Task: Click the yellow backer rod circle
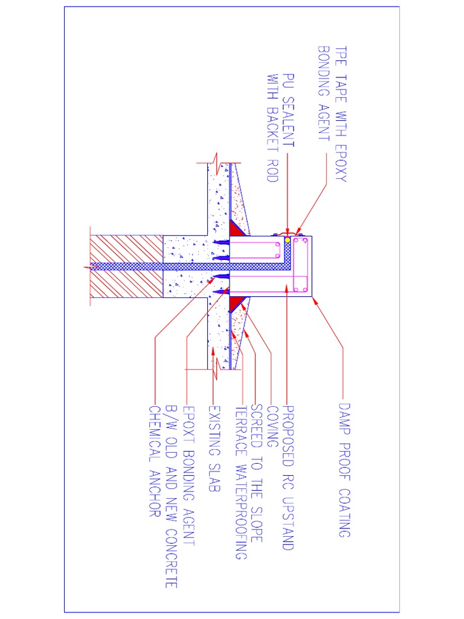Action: [x=288, y=241]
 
